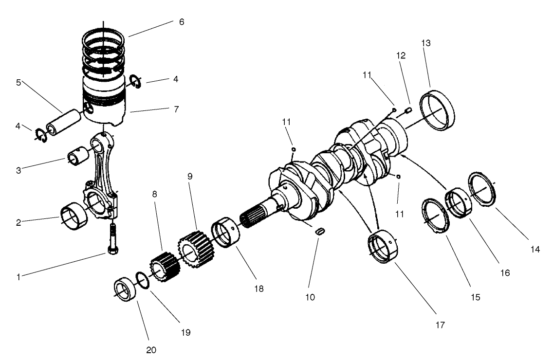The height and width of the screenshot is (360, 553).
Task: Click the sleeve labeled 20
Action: coord(125,290)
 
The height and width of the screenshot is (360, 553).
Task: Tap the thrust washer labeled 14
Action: coord(481,188)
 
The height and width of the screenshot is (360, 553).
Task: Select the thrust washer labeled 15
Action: coord(436,216)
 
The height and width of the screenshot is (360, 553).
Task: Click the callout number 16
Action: coord(505,273)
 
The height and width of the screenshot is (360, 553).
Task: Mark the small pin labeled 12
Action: coord(408,113)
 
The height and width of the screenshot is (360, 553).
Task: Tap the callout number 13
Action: coord(426,43)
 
